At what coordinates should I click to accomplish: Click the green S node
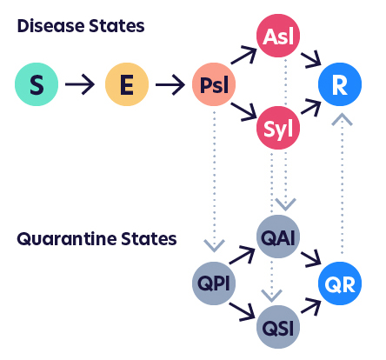(x=37, y=84)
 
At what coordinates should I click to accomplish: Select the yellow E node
(x=127, y=84)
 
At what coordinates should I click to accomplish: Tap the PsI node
(x=214, y=84)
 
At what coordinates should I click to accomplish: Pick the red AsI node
(x=278, y=36)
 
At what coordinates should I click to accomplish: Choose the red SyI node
(x=278, y=128)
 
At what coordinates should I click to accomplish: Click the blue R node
(x=340, y=84)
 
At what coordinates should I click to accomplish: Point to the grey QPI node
(x=214, y=283)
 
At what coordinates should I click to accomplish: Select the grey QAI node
(x=278, y=237)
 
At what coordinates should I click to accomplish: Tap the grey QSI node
(x=278, y=327)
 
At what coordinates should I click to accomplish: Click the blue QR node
(x=340, y=283)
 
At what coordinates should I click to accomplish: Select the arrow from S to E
(x=80, y=84)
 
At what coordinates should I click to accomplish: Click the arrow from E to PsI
(x=170, y=84)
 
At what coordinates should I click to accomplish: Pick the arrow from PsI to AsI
(x=243, y=55)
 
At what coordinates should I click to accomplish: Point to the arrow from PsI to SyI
(x=243, y=111)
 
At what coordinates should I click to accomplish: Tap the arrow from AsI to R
(x=311, y=59)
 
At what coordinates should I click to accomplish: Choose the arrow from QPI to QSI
(x=242, y=312)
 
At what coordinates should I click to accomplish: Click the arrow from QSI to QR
(x=311, y=307)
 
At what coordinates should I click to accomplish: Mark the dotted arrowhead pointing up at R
(x=342, y=120)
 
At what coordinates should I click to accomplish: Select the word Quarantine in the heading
(x=67, y=239)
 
